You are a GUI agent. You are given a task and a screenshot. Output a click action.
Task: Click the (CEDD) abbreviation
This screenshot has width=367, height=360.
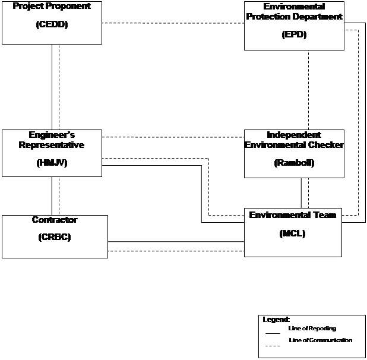click(x=52, y=24)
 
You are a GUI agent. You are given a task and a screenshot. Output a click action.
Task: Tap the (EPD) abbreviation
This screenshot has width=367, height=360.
click(x=294, y=34)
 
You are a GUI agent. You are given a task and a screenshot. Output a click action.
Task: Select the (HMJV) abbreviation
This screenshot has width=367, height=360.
click(x=52, y=163)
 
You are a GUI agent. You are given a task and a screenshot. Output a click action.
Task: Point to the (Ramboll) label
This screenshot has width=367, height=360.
click(x=294, y=163)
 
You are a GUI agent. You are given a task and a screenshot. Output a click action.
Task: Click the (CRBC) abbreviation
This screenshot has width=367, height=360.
click(x=55, y=237)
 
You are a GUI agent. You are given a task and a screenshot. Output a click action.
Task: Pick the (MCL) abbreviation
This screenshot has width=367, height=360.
click(x=293, y=233)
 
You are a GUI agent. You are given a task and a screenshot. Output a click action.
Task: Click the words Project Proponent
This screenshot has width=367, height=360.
click(x=52, y=6)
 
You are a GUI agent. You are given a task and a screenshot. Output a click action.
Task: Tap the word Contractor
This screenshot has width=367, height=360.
click(x=55, y=220)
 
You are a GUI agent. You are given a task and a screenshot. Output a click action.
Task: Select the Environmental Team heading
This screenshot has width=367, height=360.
click(x=293, y=215)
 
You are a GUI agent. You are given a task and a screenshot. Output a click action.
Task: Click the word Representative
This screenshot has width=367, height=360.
click(x=52, y=145)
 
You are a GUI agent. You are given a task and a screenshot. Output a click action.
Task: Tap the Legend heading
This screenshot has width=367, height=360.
click(x=276, y=319)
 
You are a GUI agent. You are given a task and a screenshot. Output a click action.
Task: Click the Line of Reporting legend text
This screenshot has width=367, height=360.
click(x=312, y=329)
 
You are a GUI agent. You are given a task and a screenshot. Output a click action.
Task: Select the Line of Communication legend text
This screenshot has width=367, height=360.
click(x=321, y=340)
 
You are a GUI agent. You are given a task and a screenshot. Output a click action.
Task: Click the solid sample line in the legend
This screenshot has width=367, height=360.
click(x=273, y=333)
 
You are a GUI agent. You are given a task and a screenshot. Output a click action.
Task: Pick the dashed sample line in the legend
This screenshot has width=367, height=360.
click(x=273, y=346)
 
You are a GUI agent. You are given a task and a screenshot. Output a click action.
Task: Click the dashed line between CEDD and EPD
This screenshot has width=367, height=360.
click(x=173, y=23)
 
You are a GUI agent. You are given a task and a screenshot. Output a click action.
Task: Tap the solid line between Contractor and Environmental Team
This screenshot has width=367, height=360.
click(x=176, y=241)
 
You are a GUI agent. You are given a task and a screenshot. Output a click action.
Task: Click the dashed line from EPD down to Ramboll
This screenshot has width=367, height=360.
click(x=308, y=90)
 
